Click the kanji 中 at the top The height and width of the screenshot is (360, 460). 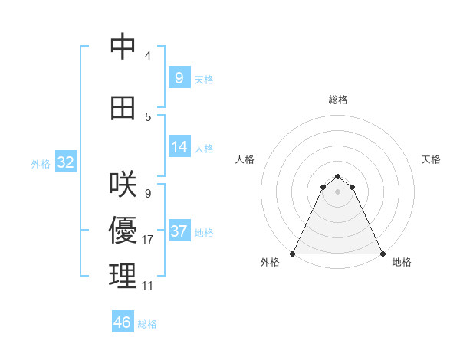click(123, 47)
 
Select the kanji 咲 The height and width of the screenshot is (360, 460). click(123, 185)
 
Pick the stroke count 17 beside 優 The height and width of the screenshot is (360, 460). click(148, 240)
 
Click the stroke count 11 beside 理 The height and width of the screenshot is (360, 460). click(148, 286)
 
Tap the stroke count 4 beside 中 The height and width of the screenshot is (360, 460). click(147, 56)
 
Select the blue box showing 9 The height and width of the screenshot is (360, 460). click(179, 77)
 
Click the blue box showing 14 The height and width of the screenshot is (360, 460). click(179, 147)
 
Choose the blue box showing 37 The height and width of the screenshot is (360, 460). click(179, 231)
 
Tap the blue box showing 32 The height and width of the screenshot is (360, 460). click(65, 162)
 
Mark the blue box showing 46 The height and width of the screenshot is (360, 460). click(123, 322)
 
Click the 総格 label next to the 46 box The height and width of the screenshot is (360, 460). click(147, 324)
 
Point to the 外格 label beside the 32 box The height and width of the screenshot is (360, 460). click(41, 164)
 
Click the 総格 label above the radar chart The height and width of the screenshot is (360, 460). click(337, 100)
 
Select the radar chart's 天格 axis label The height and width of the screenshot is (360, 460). click(431, 159)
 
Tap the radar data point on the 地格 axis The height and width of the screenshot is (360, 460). click(383, 254)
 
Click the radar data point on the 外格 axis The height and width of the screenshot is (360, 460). click(293, 254)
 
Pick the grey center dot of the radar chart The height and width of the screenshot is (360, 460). click(337, 191)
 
